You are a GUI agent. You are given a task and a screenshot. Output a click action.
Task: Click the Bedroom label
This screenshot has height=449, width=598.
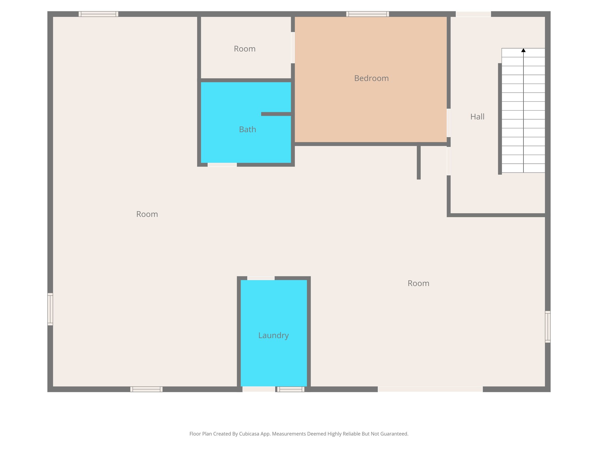(371, 78)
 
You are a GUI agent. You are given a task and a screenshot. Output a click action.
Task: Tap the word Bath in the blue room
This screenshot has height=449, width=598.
(247, 129)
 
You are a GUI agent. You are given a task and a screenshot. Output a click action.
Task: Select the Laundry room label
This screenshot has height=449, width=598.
(273, 335)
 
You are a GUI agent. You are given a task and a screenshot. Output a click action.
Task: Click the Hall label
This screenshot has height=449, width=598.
(477, 117)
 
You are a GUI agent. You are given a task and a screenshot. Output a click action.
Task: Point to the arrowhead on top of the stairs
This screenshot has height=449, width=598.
(523, 50)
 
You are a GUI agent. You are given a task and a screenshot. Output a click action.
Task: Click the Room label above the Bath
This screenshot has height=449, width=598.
(244, 49)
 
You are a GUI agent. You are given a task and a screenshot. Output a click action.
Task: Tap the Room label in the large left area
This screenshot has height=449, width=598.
(147, 214)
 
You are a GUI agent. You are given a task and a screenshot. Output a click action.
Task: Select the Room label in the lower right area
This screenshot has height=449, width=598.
(418, 283)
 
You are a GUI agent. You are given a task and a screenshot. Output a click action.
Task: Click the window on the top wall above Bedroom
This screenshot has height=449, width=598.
(367, 14)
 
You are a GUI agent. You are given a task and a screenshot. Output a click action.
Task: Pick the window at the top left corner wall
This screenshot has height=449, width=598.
(98, 14)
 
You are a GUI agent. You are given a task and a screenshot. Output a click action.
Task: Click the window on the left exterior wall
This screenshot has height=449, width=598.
(50, 309)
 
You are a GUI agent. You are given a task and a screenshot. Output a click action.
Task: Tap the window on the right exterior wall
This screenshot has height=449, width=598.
(547, 327)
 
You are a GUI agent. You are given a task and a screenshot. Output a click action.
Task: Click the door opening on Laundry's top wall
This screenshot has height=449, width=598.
(261, 278)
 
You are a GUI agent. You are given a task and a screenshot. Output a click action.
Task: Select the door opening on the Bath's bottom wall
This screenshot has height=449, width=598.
(222, 165)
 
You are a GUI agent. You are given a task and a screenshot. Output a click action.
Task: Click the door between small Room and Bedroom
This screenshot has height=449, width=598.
(293, 47)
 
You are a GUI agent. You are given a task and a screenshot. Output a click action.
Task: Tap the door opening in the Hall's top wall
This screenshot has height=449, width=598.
(473, 14)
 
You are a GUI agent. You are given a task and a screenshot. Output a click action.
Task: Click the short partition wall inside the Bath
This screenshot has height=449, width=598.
(276, 114)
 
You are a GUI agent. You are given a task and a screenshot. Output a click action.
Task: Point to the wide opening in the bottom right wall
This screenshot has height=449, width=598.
(430, 389)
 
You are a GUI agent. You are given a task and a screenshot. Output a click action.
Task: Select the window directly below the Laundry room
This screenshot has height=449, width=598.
(291, 389)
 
